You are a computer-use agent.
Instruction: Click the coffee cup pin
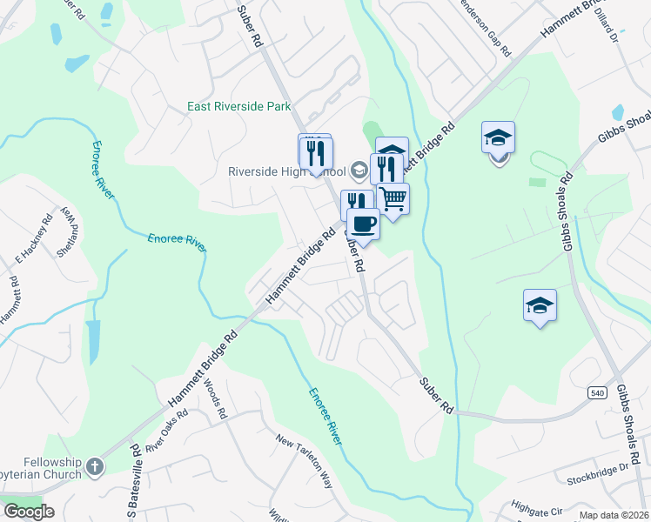[363, 224]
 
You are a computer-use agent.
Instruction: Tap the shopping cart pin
[393, 199]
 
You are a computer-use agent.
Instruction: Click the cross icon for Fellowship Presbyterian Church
[95, 468]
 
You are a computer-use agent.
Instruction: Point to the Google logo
[28, 512]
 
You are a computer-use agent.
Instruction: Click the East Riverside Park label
[238, 108]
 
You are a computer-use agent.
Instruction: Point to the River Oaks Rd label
[167, 434]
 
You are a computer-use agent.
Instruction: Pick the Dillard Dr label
[607, 30]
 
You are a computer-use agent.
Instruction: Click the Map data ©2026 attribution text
[614, 515]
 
